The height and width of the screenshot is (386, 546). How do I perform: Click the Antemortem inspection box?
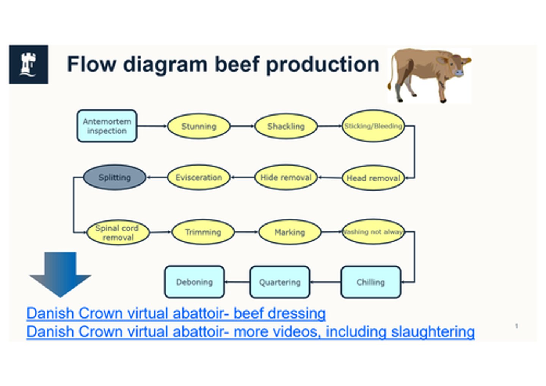[107, 126]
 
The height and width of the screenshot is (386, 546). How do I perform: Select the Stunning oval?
[198, 126]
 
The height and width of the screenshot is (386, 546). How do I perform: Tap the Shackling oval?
[286, 126]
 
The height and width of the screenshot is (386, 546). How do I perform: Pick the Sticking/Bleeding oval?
[373, 126]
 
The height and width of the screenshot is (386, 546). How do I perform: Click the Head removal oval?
[373, 178]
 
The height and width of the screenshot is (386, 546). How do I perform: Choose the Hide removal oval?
[286, 177]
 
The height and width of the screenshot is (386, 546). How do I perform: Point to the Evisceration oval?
[198, 177]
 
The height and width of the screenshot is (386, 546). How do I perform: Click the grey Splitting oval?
[115, 177]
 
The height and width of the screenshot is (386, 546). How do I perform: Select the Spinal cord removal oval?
[118, 233]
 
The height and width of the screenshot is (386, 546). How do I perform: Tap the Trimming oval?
[203, 232]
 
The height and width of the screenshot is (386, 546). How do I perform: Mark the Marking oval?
[290, 232]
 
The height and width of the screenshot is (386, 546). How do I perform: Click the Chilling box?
[370, 282]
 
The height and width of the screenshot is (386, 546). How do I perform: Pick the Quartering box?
[279, 282]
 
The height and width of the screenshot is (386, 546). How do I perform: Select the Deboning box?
[194, 282]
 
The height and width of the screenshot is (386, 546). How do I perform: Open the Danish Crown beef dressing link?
[176, 313]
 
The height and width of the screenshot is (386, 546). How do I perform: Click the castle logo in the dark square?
[28, 64]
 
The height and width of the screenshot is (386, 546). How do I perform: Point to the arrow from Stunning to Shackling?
[242, 126]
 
